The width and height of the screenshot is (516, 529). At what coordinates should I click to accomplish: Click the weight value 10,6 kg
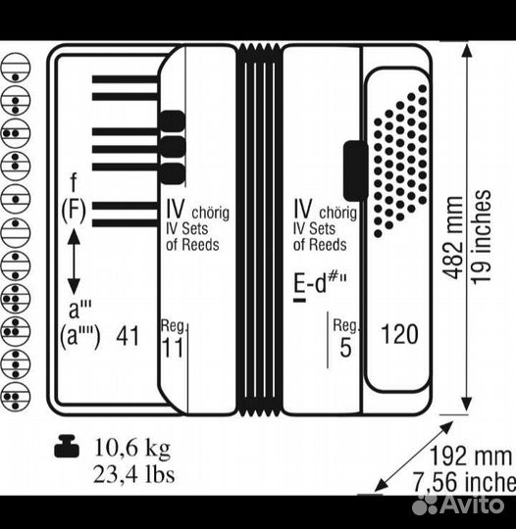click(132, 449)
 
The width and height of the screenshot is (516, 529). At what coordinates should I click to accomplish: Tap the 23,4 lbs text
click(133, 474)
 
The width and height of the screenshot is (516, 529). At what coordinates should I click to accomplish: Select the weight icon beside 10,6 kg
click(67, 446)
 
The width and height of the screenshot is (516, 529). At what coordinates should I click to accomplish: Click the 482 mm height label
click(452, 237)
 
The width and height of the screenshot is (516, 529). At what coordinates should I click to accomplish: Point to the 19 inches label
click(481, 237)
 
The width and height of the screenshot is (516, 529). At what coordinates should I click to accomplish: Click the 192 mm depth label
click(471, 457)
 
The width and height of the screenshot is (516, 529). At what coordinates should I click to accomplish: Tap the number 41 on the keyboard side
click(128, 336)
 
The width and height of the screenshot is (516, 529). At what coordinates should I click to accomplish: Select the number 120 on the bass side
click(399, 334)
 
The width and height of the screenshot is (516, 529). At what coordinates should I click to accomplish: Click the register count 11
click(173, 347)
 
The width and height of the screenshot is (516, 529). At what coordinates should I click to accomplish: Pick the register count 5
click(345, 347)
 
